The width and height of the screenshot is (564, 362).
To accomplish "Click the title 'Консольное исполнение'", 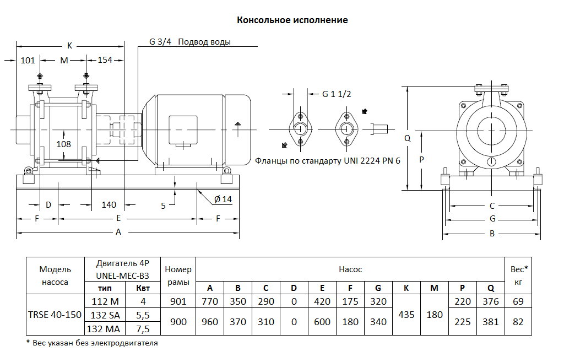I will pyautogui.click(x=292, y=20).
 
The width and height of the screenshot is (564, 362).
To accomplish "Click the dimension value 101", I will pyautogui.click(x=28, y=60).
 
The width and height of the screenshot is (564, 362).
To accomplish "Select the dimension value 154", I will pyautogui.click(x=105, y=60).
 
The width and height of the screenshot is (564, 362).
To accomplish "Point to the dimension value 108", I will pyautogui.click(x=64, y=144).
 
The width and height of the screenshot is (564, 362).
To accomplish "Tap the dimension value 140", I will pyautogui.click(x=109, y=205).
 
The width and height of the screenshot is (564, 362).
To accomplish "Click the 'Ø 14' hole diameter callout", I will pyautogui.click(x=223, y=199).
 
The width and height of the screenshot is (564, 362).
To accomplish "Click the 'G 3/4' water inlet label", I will pyautogui.click(x=160, y=42).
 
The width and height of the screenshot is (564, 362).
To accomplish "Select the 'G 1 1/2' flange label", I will pyautogui.click(x=337, y=94).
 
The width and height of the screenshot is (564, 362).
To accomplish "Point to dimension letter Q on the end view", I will pyautogui.click(x=408, y=138).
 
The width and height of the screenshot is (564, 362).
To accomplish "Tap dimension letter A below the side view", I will pyautogui.click(x=118, y=232).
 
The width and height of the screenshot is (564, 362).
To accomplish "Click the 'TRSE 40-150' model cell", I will pyautogui.click(x=55, y=315).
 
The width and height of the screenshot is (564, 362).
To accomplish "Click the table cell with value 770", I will pyautogui.click(x=210, y=301).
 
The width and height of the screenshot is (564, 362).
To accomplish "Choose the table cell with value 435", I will pyautogui.click(x=406, y=315).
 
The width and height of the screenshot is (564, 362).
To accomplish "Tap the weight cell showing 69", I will pyautogui.click(x=518, y=301).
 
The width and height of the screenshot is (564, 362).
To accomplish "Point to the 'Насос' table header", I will pyautogui.click(x=350, y=269).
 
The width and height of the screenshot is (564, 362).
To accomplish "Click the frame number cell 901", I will pyautogui.click(x=178, y=301).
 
